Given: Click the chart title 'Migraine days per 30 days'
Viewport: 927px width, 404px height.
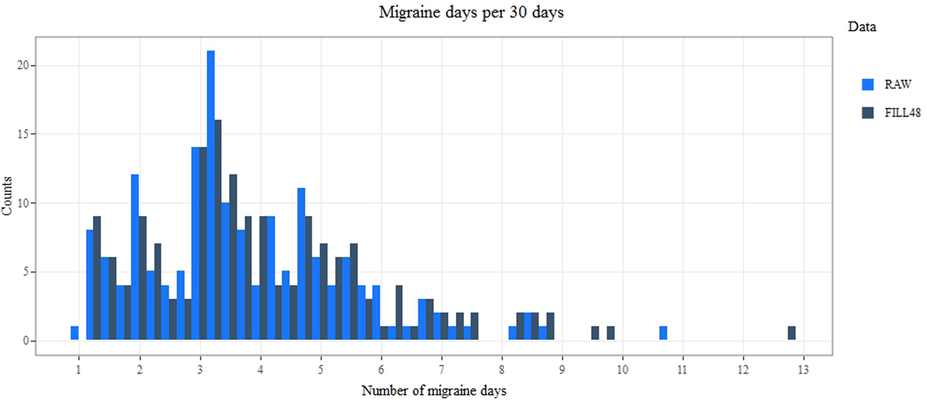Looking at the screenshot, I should (x=471, y=13).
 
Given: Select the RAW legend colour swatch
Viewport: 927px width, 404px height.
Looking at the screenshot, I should (x=868, y=85).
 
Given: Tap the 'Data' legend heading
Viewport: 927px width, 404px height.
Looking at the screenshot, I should (x=862, y=27).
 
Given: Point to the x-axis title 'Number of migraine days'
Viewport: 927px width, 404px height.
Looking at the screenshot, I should (x=433, y=392).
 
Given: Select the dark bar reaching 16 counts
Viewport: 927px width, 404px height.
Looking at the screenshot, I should (x=218, y=230).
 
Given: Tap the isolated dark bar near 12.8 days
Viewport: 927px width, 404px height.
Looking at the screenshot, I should (x=792, y=333).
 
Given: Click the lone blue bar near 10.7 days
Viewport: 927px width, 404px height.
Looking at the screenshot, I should (x=663, y=333).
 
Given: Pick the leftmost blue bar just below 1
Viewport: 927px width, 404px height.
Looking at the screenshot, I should (x=75, y=333).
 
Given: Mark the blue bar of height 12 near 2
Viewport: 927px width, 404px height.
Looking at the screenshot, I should (x=135, y=258).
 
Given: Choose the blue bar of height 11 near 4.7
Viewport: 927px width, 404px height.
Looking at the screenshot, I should (x=301, y=265).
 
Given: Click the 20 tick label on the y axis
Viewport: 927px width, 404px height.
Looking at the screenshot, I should (x=21, y=66).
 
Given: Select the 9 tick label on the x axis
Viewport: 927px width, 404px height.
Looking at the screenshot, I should (x=562, y=368).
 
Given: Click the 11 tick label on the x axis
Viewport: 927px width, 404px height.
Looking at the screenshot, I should (x=683, y=368).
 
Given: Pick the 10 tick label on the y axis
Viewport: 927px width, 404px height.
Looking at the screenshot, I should (x=21, y=203).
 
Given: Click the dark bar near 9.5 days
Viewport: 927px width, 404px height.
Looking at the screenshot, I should (x=595, y=333).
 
